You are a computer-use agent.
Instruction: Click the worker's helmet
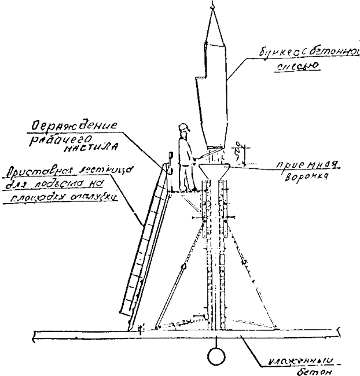(x=184, y=127)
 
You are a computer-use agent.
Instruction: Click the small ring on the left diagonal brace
(x=184, y=267)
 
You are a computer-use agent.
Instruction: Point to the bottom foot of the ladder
(x=128, y=327)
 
